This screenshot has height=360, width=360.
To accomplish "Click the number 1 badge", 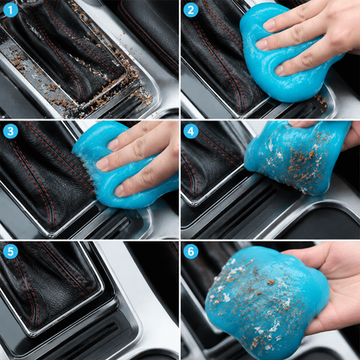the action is point(10,10).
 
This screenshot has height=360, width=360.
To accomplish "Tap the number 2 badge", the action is point(190,10).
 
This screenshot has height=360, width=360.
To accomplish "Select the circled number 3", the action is point(10,132).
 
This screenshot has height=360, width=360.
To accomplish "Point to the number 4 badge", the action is point(190,132).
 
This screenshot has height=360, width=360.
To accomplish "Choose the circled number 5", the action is point(10,251).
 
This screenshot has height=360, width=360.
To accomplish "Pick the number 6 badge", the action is point(190,251).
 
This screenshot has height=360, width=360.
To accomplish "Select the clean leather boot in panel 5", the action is point(49,286).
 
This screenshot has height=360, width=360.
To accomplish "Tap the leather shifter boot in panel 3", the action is point(43,176).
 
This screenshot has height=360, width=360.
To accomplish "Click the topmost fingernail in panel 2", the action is point(270,25).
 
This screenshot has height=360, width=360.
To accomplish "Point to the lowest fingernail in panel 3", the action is point(119,190).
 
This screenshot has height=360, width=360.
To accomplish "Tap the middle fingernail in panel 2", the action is point(261,45).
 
